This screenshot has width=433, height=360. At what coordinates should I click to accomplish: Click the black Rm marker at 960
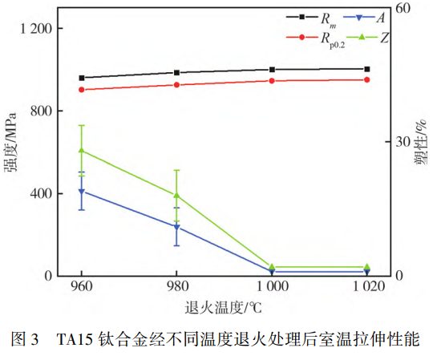click(x=81, y=78)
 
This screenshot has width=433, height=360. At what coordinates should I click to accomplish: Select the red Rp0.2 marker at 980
click(x=176, y=85)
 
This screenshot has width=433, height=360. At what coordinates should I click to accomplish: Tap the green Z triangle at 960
click(x=81, y=151)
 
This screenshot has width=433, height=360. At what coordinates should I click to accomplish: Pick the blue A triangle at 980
click(x=176, y=228)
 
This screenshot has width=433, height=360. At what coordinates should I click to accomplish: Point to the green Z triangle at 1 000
click(x=272, y=266)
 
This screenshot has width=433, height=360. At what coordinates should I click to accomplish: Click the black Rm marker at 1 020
click(x=367, y=69)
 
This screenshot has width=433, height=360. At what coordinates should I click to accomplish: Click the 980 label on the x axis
click(x=176, y=286)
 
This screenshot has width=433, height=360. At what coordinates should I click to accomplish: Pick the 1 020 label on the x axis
click(x=366, y=286)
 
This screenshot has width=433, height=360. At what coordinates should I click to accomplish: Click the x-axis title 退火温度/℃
click(x=224, y=307)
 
